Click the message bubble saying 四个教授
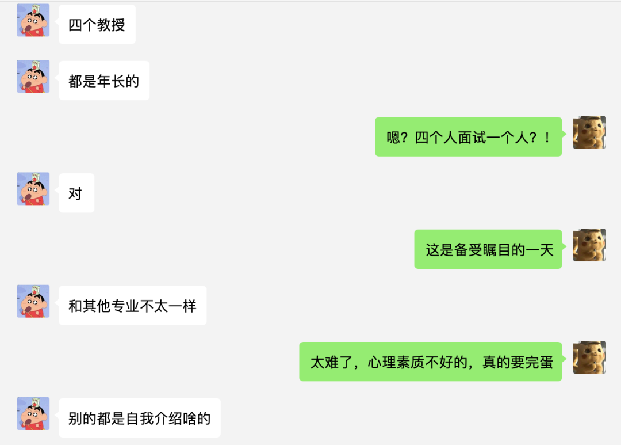97,25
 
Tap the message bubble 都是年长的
104,81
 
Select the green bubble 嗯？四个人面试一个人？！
468,137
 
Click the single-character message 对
76,193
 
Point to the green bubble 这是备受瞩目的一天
488,249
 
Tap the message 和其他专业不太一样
132,306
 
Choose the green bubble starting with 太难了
431,362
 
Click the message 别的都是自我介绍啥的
140,418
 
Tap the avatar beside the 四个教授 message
33,21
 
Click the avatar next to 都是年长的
33,77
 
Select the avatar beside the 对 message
33,189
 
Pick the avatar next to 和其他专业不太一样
33,301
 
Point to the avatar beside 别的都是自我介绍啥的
33,413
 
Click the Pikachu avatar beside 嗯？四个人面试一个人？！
589,132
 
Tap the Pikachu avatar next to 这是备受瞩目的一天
589,245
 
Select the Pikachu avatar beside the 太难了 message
589,357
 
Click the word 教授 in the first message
111,25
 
